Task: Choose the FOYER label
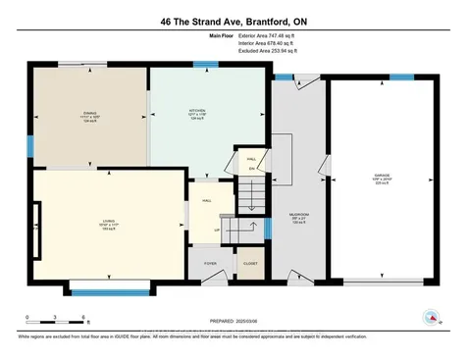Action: click(210, 264)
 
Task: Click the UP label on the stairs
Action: click(217, 231)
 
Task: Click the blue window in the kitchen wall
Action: click(205, 65)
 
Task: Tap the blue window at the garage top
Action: click(401, 77)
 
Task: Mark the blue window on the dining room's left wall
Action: click(29, 146)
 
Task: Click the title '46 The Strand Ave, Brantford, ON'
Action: click(233, 21)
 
